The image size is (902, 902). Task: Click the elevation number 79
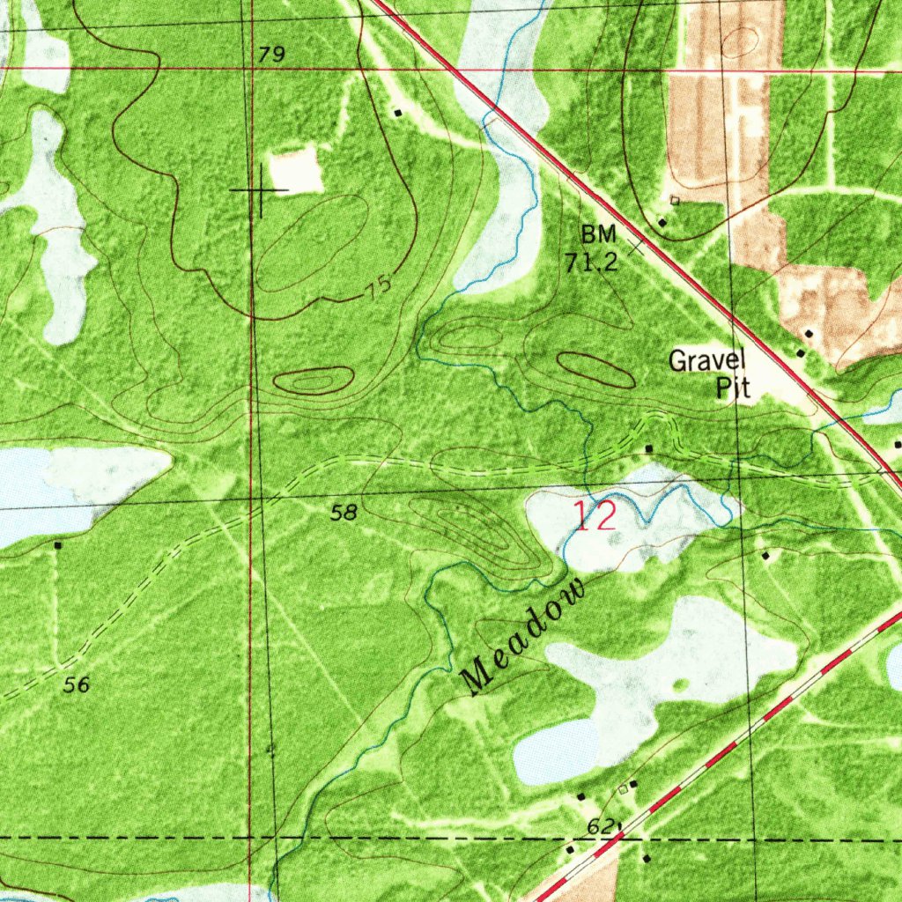(x=272, y=55)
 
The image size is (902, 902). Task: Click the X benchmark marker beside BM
(x=636, y=244)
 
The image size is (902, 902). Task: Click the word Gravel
(x=707, y=360)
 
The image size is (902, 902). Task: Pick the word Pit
(x=733, y=388)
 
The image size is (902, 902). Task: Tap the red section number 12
(x=595, y=516)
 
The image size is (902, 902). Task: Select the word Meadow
(x=524, y=637)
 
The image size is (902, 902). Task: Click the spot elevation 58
(x=344, y=512)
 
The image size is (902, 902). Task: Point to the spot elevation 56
(x=77, y=684)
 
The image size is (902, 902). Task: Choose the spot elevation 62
(x=600, y=826)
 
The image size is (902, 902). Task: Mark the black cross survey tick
(x=260, y=189)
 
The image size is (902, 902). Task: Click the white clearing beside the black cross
(x=296, y=170)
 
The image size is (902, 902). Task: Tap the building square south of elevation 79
(x=398, y=113)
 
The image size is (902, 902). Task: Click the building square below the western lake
(x=58, y=545)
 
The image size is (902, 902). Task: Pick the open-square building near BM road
(x=675, y=201)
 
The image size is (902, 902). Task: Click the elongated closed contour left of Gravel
(x=595, y=369)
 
